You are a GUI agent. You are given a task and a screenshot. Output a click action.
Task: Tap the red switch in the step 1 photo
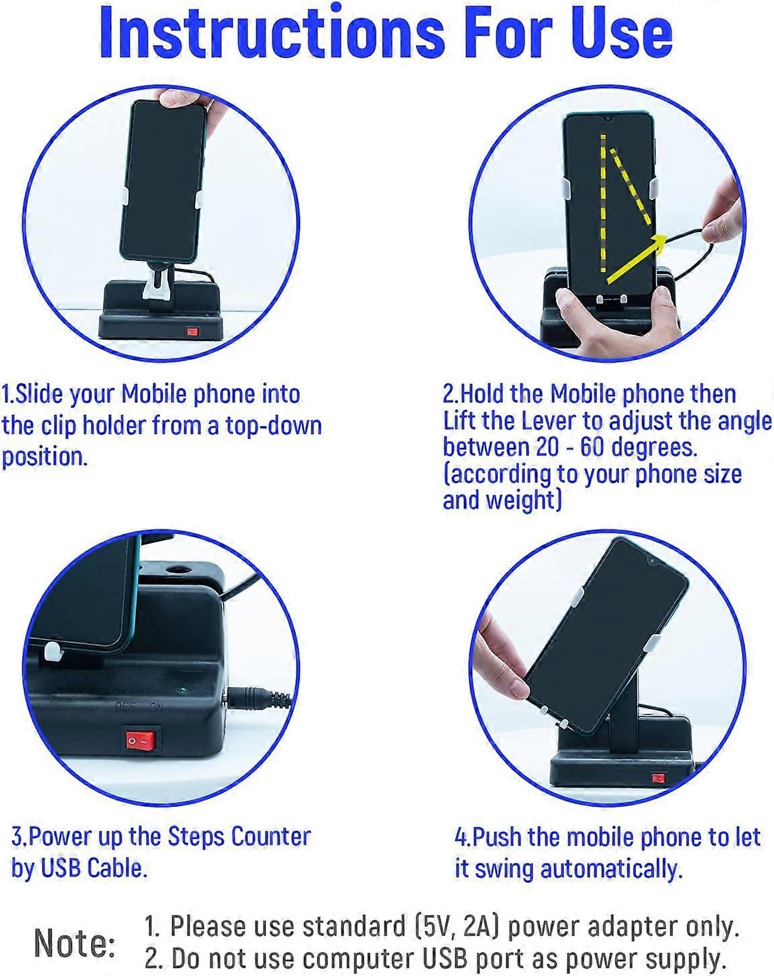click(193, 332)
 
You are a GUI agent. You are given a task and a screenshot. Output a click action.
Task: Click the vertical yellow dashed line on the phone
click(603, 203)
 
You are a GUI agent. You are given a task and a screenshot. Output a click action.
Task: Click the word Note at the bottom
click(75, 943)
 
